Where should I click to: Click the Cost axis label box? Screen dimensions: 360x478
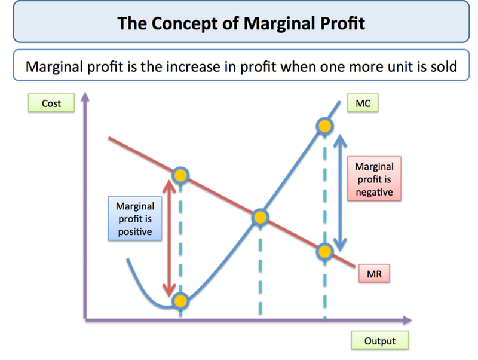pyautogui.click(x=51, y=103)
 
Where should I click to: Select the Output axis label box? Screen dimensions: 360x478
pyautogui.click(x=379, y=341)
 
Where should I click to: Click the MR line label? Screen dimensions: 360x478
pyautogui.click(x=375, y=275)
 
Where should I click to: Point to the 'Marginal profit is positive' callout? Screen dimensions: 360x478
pyautogui.click(x=135, y=218)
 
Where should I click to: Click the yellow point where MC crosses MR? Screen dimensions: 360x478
pyautogui.click(x=260, y=218)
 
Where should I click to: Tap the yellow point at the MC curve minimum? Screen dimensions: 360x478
pyautogui.click(x=180, y=300)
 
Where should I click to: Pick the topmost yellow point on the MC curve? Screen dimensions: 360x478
pyautogui.click(x=324, y=126)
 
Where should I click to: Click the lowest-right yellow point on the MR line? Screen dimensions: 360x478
pyautogui.click(x=324, y=252)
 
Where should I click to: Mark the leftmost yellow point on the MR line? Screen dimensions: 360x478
pyautogui.click(x=180, y=175)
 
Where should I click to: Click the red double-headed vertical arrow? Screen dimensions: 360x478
pyautogui.click(x=170, y=236)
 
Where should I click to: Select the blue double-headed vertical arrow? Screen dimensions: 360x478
pyautogui.click(x=340, y=191)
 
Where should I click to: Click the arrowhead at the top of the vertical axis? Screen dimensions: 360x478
pyautogui.click(x=86, y=96)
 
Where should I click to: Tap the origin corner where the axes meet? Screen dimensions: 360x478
pyautogui.click(x=87, y=320)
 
